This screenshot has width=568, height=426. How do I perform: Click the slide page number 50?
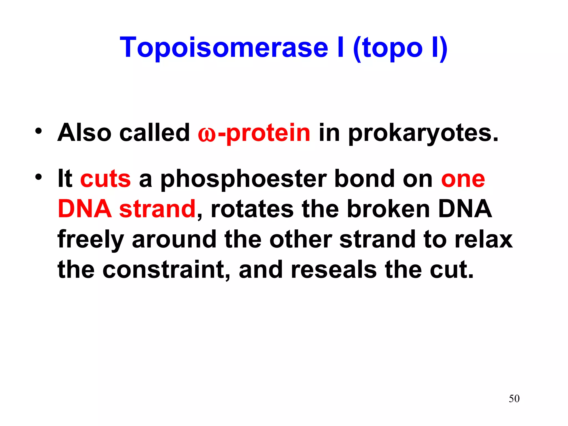(x=514, y=399)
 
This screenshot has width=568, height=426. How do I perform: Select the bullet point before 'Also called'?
(x=39, y=131)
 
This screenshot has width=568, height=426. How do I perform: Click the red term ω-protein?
(x=254, y=133)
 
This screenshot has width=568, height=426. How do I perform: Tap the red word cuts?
(x=105, y=179)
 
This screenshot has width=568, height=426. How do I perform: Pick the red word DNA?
(x=85, y=209)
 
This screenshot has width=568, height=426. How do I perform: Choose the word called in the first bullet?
(x=154, y=133)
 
